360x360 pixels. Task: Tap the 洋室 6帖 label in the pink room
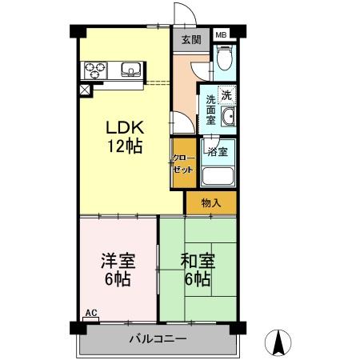117,270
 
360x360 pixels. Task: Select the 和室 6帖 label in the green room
196,270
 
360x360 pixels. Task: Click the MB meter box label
221,35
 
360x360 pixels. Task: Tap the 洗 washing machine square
227,94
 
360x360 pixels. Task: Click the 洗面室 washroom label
210,110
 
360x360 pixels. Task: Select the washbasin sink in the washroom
228,119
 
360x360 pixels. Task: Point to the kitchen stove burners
95,70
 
